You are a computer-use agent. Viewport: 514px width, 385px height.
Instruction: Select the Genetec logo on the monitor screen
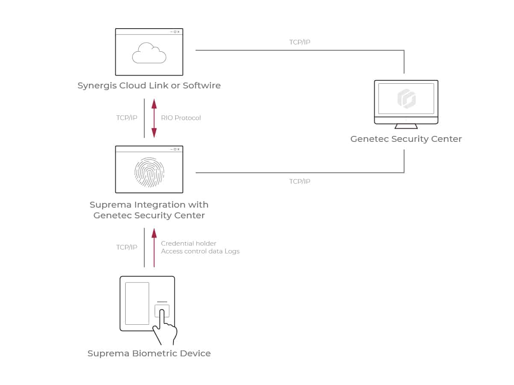pyautogui.click(x=406, y=98)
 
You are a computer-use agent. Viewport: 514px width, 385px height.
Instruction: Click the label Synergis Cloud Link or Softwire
pyautogui.click(x=149, y=85)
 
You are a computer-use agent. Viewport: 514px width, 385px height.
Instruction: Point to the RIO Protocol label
pyautogui.click(x=181, y=118)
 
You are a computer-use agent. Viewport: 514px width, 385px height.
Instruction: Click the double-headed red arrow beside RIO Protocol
pyautogui.click(x=154, y=118)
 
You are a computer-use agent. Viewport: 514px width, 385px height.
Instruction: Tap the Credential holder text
pyautogui.click(x=188, y=244)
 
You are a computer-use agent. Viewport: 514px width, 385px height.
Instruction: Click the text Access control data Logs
pyautogui.click(x=200, y=251)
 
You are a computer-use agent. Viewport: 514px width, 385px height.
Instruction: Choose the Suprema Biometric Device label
pyautogui.click(x=149, y=353)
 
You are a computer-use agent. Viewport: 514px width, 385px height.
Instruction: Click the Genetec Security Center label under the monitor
pyautogui.click(x=406, y=139)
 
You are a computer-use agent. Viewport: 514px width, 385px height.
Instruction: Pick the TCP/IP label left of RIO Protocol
pyautogui.click(x=127, y=118)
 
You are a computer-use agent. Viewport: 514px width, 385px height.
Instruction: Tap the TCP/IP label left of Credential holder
pyautogui.click(x=127, y=247)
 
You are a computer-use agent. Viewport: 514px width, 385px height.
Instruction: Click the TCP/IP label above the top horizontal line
pyautogui.click(x=300, y=42)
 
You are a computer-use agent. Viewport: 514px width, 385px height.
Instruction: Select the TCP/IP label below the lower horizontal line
pyautogui.click(x=300, y=182)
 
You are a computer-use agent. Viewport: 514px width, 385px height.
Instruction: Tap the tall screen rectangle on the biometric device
pyautogui.click(x=137, y=303)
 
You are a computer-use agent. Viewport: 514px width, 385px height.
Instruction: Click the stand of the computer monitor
pyautogui.click(x=406, y=126)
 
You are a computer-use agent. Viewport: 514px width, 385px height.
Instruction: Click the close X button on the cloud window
pyautogui.click(x=179, y=32)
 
